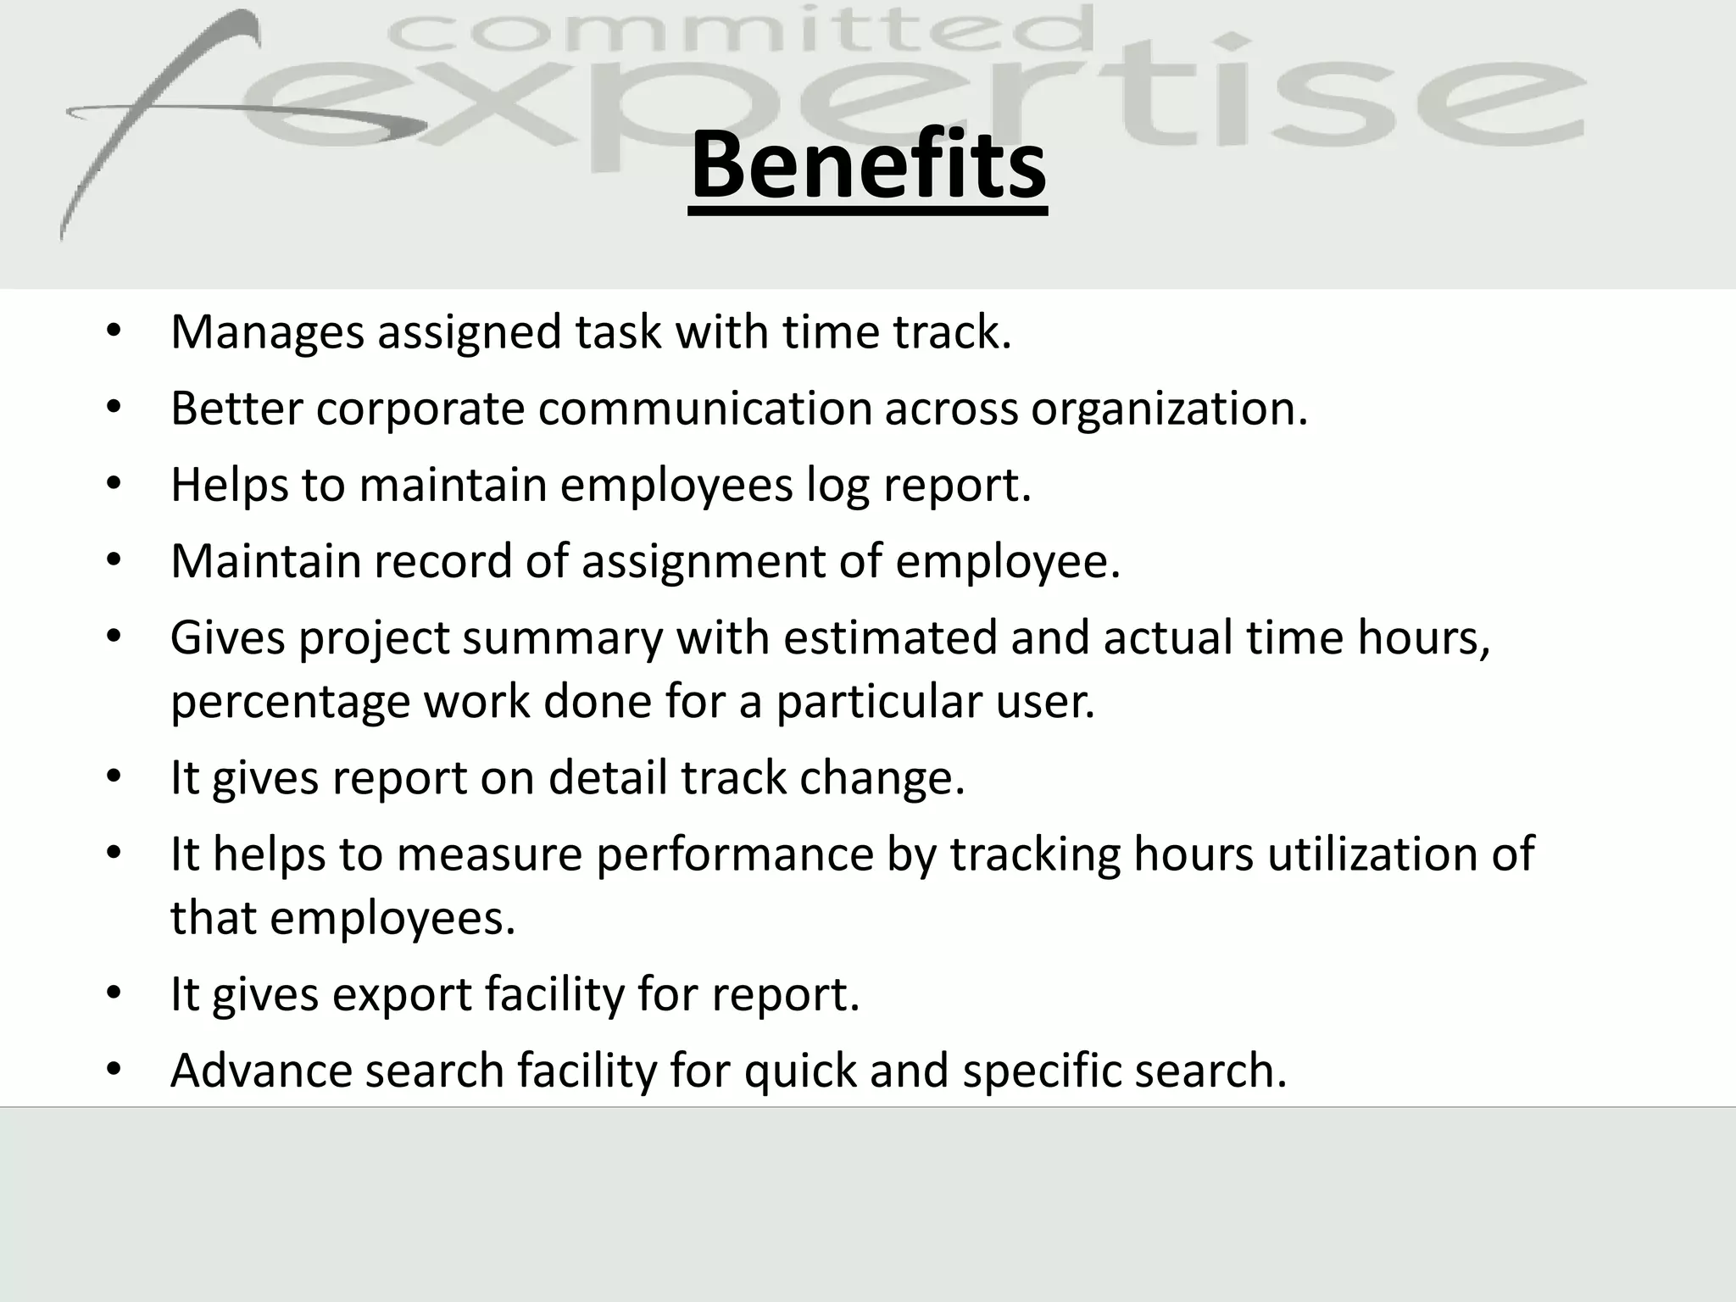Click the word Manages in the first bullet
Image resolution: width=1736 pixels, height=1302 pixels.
(267, 332)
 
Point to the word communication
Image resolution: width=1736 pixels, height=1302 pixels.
(704, 409)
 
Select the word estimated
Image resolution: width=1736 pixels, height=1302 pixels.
(890, 638)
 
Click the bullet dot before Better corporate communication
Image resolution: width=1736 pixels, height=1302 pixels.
(114, 409)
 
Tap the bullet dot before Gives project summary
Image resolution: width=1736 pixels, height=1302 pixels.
(114, 637)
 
